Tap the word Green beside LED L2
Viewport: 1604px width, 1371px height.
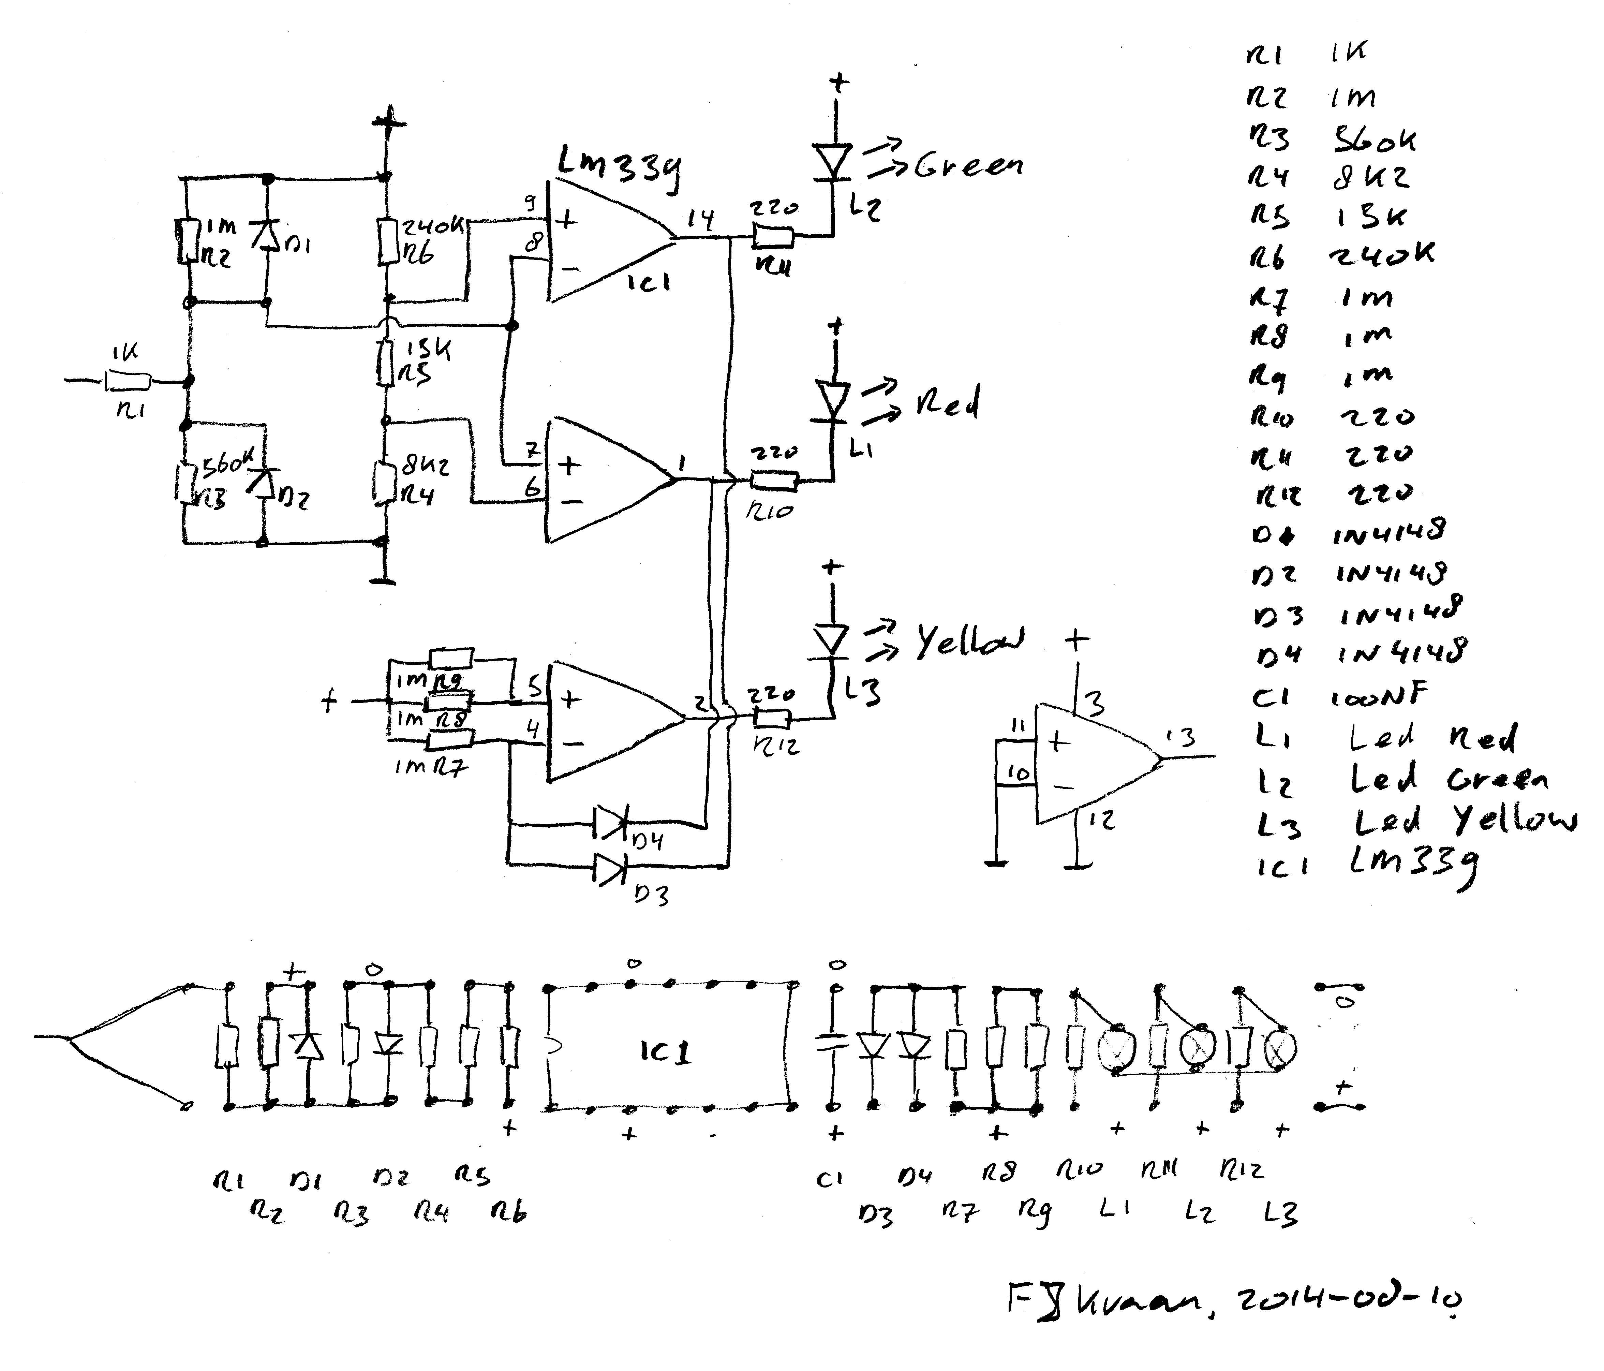[968, 165]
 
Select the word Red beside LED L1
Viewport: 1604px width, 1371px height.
[948, 402]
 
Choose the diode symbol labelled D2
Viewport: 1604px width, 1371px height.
[263, 484]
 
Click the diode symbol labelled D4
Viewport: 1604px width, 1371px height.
[610, 824]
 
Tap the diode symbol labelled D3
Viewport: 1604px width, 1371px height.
[610, 869]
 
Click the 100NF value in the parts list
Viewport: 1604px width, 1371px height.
[1378, 697]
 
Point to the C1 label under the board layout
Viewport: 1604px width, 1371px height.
[829, 1179]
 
